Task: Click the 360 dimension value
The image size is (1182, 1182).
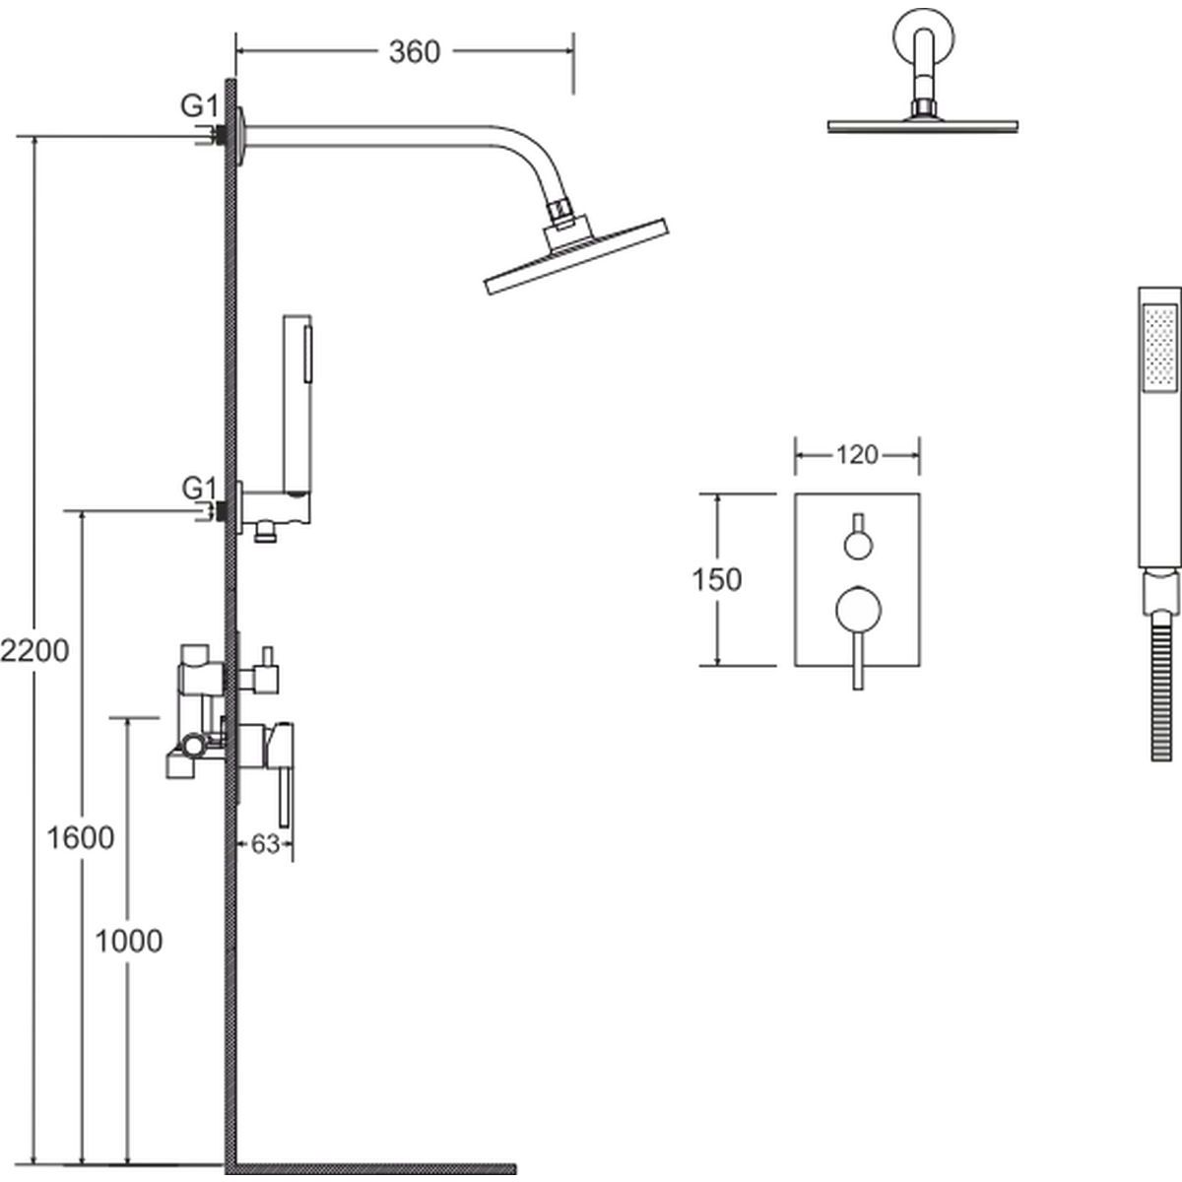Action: (414, 51)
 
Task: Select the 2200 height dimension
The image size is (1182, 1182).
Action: (34, 651)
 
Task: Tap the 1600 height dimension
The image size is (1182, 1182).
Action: (81, 838)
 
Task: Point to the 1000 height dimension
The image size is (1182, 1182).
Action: (128, 942)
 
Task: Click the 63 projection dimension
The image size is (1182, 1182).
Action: (265, 844)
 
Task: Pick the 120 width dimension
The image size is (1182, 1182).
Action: (856, 455)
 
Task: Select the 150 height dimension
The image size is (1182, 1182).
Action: (717, 579)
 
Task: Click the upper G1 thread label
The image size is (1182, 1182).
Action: (198, 106)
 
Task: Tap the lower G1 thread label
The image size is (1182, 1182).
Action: (198, 487)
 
